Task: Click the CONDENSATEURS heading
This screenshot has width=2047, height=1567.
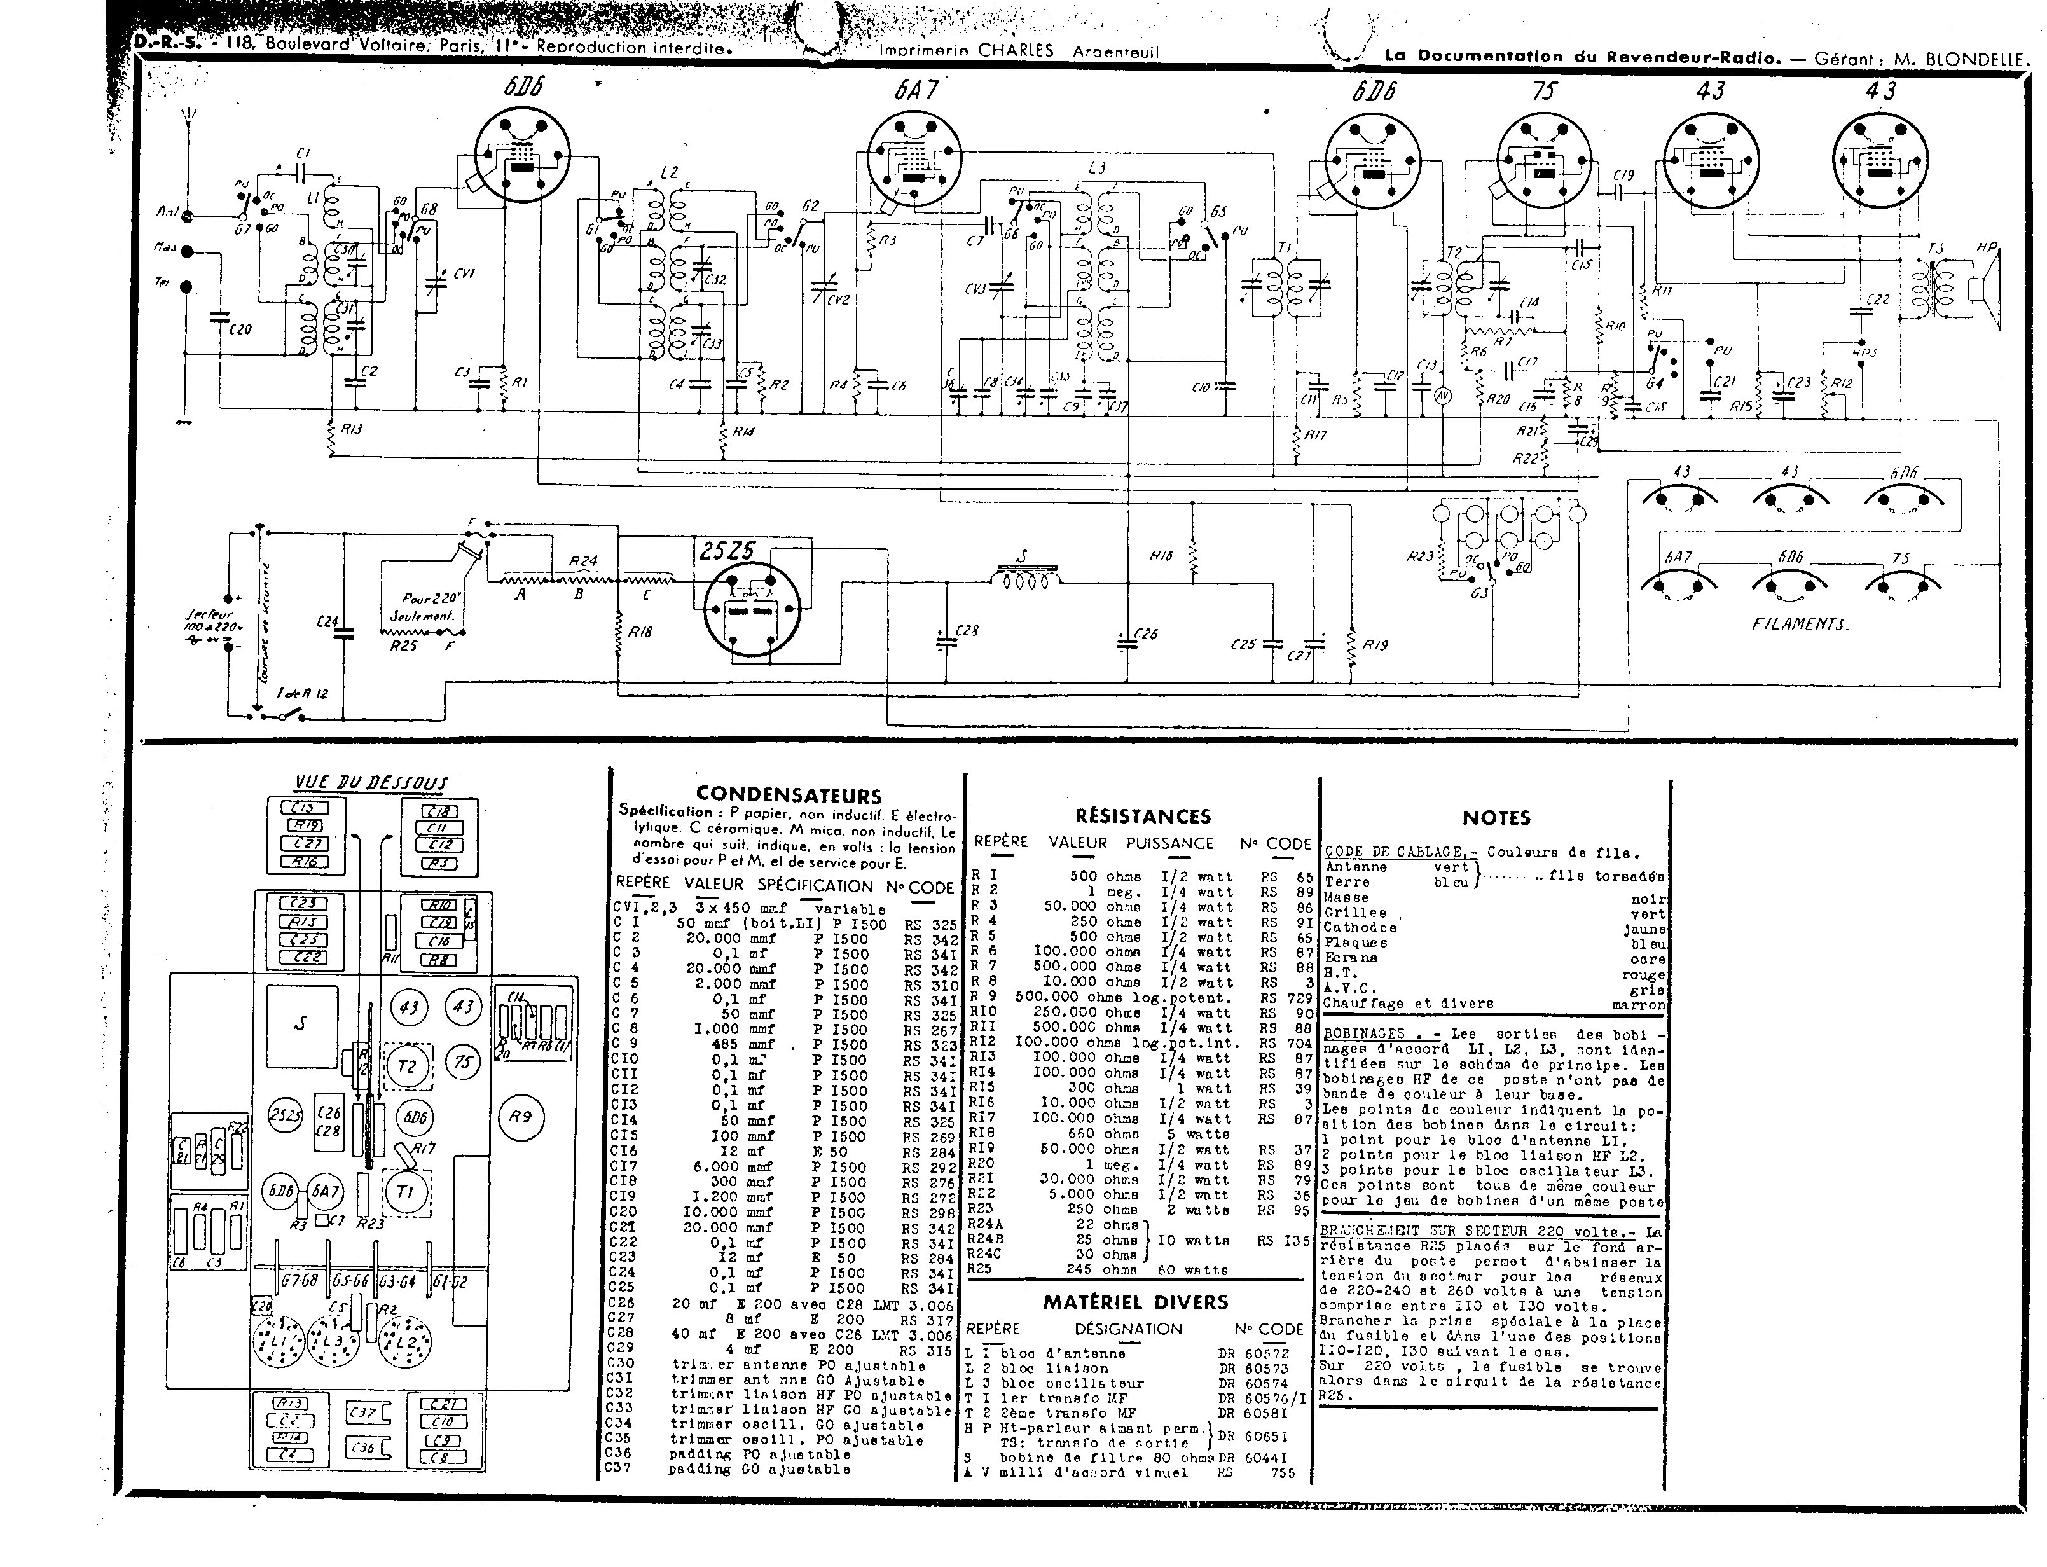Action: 788,795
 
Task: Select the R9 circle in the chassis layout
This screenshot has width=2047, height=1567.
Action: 520,1115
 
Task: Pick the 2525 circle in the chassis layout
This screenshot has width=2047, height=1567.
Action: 284,1115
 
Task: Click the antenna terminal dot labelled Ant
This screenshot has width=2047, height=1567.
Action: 186,216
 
